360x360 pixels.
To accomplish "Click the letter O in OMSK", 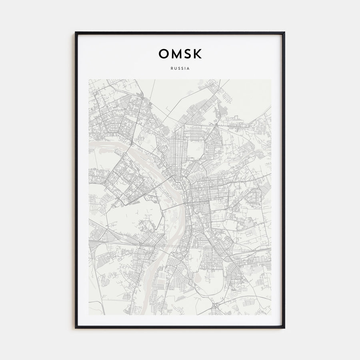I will click(x=164, y=54).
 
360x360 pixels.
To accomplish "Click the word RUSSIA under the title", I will click(x=180, y=68).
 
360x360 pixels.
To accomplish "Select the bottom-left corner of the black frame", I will click(x=76, y=328).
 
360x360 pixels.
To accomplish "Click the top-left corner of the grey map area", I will click(x=89, y=79).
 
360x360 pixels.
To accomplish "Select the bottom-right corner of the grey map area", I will click(x=271, y=315).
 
